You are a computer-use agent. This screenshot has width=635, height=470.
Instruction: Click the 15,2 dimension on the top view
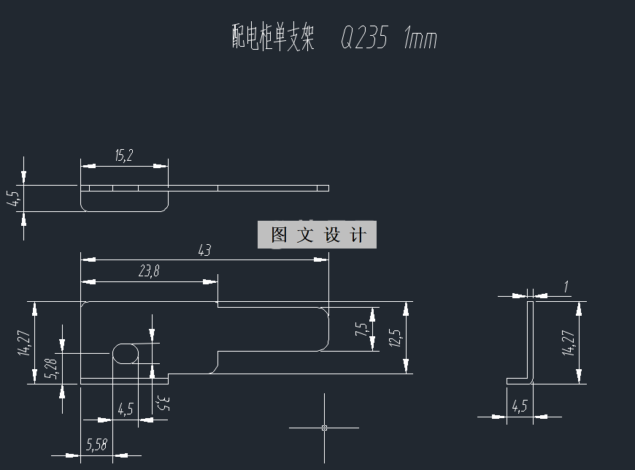(x=124, y=156)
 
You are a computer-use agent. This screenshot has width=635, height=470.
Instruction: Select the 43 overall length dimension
(x=204, y=251)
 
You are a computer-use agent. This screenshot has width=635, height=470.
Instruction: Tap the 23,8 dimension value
(x=149, y=272)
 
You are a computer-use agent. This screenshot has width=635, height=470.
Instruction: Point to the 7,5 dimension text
(x=361, y=329)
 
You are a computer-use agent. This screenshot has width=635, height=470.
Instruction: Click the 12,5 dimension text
(x=395, y=338)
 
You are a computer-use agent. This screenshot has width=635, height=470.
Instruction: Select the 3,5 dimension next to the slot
(x=163, y=403)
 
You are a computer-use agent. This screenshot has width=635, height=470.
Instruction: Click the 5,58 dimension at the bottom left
(x=96, y=444)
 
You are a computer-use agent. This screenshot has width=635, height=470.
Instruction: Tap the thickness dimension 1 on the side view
(x=566, y=287)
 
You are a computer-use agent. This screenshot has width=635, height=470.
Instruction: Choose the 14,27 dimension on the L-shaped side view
(x=568, y=341)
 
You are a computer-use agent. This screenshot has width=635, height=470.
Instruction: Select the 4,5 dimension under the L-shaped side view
(x=520, y=406)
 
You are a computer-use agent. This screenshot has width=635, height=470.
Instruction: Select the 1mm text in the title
(x=420, y=38)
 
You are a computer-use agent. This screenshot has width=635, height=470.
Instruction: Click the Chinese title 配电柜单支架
(x=272, y=37)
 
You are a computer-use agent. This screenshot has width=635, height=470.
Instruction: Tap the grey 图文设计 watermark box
(x=317, y=235)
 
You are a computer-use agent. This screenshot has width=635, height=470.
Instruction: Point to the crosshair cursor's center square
(x=324, y=428)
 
